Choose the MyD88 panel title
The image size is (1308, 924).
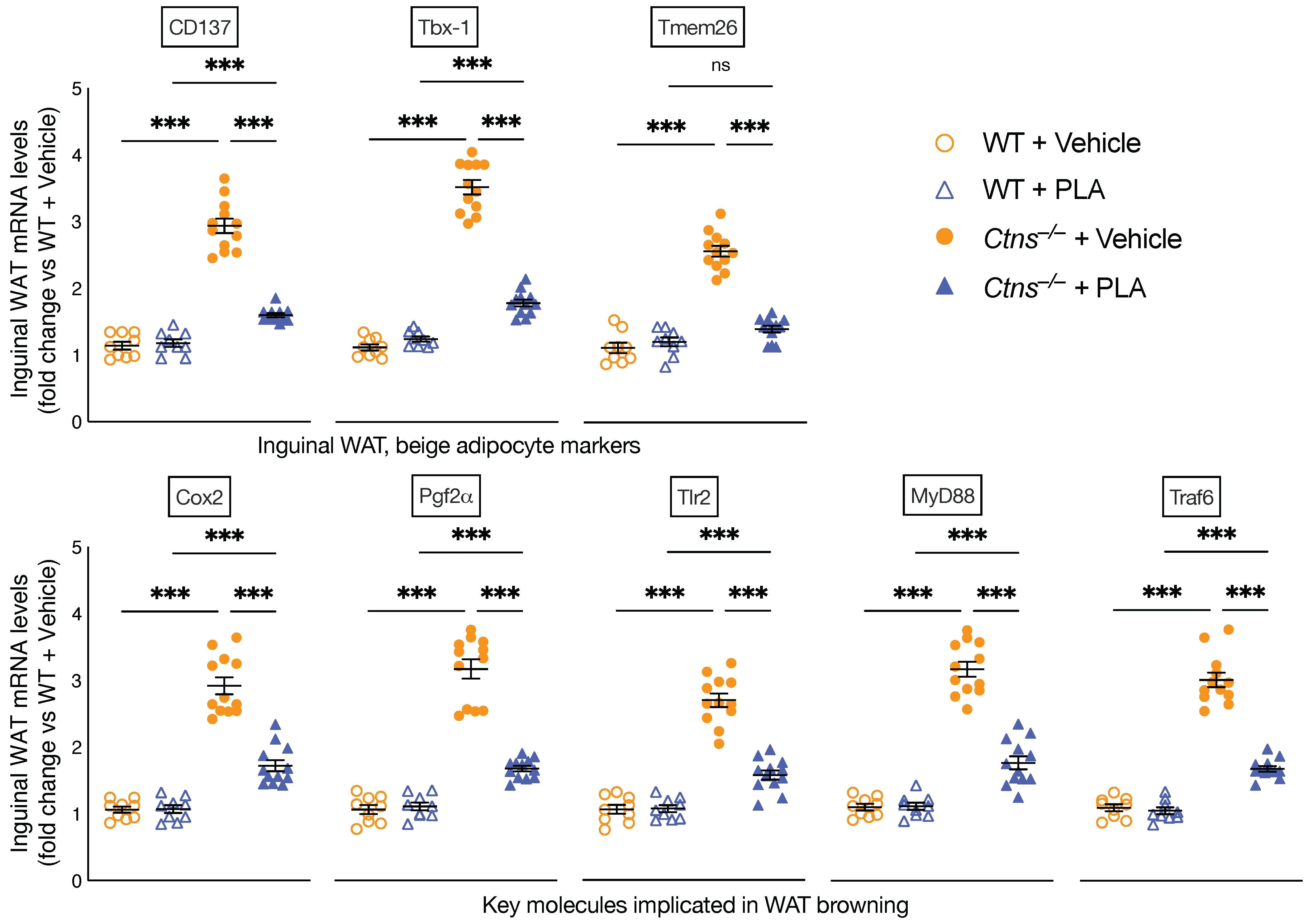(x=942, y=495)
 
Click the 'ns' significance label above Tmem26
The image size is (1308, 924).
(x=720, y=65)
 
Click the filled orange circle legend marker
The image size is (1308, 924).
(x=944, y=236)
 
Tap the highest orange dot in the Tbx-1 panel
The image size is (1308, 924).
(x=472, y=152)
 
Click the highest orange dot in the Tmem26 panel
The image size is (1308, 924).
(x=720, y=214)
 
